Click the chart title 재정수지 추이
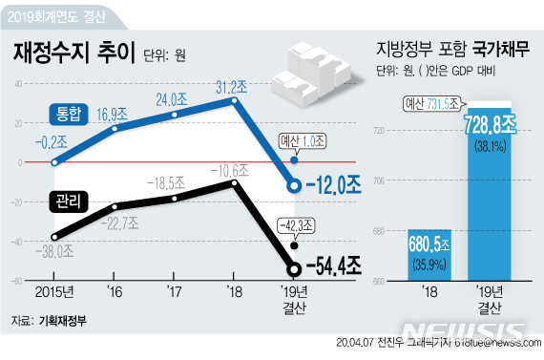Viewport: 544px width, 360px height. (74, 53)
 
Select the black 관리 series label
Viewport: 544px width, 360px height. (69, 200)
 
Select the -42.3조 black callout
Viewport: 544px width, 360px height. (301, 225)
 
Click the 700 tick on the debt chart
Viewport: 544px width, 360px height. (379, 180)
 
